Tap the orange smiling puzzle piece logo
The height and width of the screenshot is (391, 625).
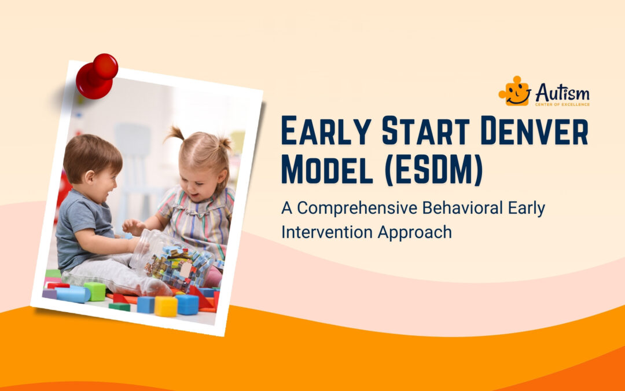pyautogui.click(x=516, y=92)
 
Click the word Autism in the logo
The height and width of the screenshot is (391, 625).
pyautogui.click(x=562, y=92)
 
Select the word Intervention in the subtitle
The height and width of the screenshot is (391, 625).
pyautogui.click(x=326, y=232)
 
